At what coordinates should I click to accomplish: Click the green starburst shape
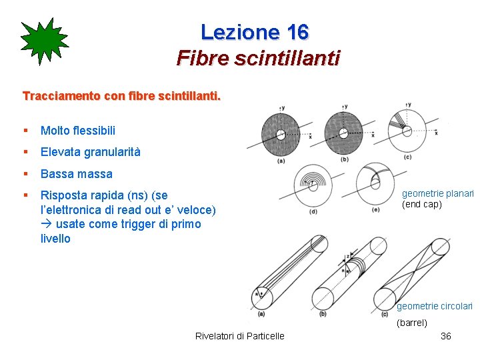(44, 41)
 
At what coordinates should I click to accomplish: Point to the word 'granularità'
(112, 152)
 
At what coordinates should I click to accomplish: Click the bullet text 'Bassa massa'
(76, 174)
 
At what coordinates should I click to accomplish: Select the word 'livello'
(55, 239)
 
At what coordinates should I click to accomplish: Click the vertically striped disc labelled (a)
(281, 133)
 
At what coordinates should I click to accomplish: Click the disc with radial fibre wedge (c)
(407, 131)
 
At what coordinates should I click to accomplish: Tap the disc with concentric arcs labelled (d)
(313, 185)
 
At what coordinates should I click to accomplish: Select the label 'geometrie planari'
(437, 194)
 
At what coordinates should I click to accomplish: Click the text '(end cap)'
(421, 205)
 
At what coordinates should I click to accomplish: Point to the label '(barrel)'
(412, 323)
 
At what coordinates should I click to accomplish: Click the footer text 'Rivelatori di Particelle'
(239, 336)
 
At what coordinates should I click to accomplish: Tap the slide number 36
(446, 336)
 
